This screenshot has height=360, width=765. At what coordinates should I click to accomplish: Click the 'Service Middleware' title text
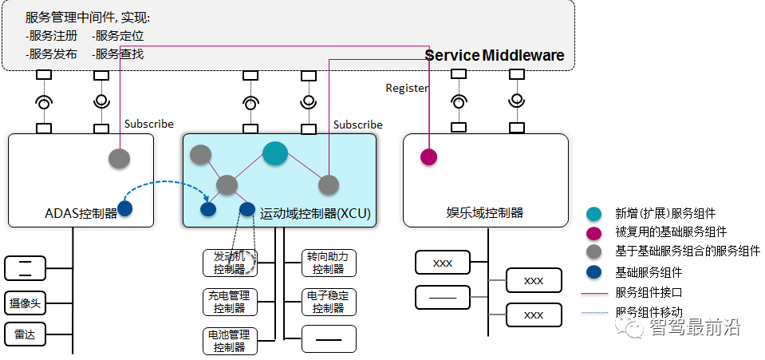click(495, 55)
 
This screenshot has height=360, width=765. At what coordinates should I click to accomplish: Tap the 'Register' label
click(407, 88)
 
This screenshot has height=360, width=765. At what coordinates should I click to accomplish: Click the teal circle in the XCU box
click(275, 153)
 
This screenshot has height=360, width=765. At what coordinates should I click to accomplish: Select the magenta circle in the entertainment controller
click(429, 156)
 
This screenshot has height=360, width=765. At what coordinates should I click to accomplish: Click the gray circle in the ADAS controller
click(119, 158)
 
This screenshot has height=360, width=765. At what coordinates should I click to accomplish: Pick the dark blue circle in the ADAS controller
click(125, 208)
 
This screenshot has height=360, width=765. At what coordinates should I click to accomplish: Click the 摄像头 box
click(26, 304)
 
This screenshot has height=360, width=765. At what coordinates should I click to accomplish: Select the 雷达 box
click(26, 335)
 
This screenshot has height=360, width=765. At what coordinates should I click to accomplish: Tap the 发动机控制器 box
click(230, 263)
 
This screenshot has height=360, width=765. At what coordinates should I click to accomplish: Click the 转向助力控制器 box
click(329, 263)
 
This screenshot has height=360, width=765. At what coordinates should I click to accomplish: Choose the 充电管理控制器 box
click(230, 302)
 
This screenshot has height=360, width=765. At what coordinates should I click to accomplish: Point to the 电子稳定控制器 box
click(329, 302)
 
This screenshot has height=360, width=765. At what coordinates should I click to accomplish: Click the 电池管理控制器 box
click(230, 341)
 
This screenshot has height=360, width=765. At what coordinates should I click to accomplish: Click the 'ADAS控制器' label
click(81, 213)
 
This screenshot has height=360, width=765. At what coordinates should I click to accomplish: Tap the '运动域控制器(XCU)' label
click(315, 213)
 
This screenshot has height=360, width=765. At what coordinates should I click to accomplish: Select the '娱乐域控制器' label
click(485, 212)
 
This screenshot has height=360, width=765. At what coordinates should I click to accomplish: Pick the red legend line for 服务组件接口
click(595, 294)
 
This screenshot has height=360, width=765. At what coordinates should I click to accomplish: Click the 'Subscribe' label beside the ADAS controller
click(149, 124)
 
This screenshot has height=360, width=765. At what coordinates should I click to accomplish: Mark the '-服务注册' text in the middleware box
click(51, 36)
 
